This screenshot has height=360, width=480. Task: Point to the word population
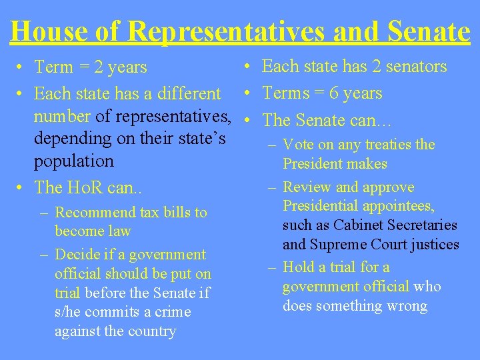(74, 161)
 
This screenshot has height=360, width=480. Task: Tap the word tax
(148, 213)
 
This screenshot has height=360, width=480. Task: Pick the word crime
(173, 312)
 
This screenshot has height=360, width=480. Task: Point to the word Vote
(297, 145)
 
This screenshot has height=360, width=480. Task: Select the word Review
(305, 187)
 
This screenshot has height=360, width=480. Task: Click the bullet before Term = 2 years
(22, 67)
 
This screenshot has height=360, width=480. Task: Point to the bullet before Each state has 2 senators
(247, 66)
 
